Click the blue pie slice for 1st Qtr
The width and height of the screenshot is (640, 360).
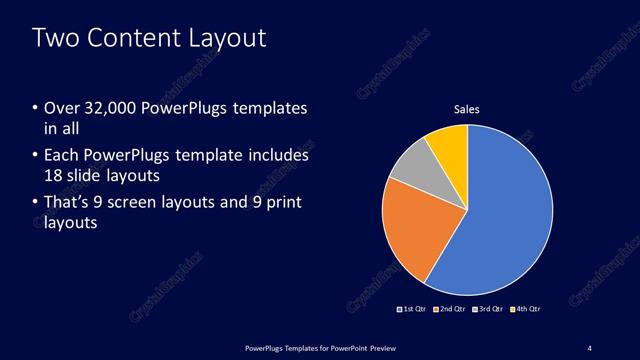(510, 210)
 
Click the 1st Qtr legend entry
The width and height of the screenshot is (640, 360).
(412, 309)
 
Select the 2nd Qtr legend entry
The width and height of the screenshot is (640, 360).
(450, 309)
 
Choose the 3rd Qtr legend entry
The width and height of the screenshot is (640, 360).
(487, 309)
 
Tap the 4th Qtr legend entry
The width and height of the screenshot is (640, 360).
(525, 309)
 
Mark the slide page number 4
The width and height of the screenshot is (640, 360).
(589, 347)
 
